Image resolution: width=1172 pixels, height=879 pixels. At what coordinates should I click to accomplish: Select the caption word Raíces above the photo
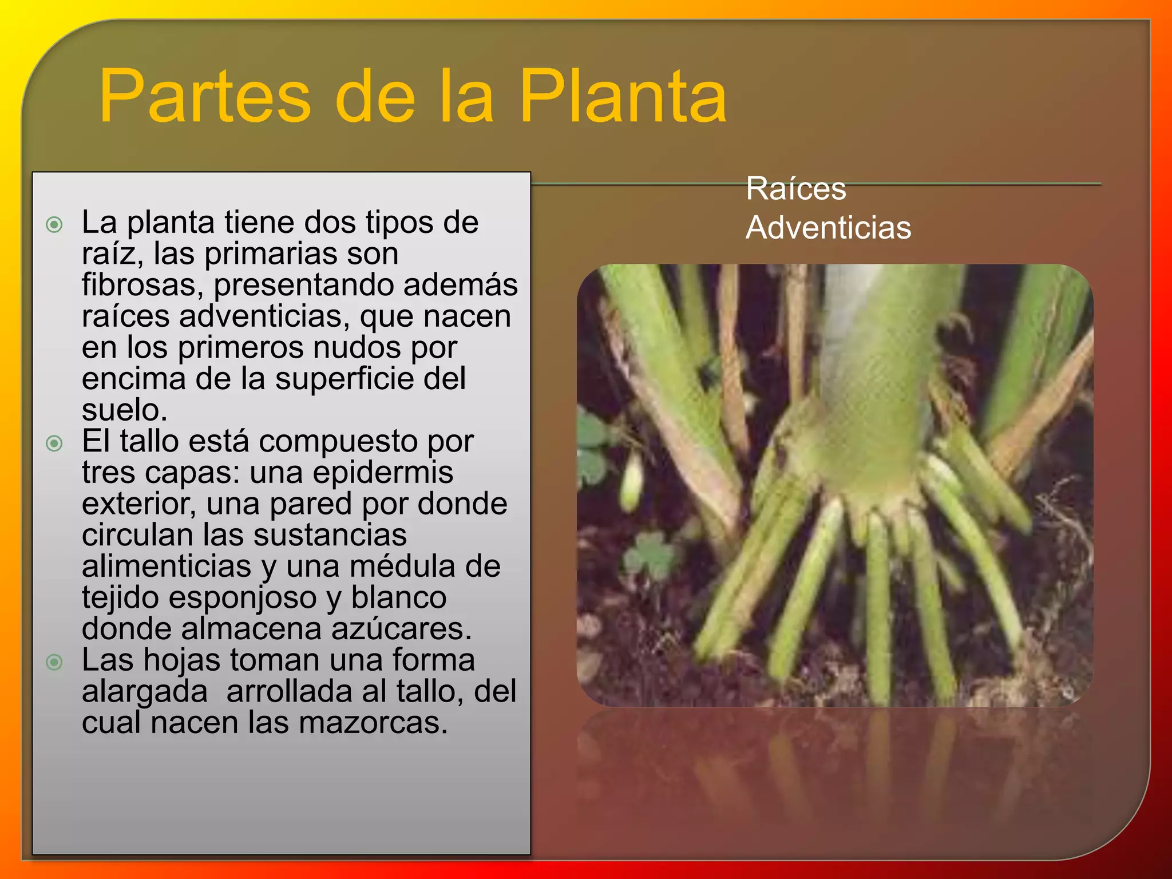795,188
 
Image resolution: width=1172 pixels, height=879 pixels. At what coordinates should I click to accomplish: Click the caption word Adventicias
828,227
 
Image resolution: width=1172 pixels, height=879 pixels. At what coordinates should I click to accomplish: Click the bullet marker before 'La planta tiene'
54,224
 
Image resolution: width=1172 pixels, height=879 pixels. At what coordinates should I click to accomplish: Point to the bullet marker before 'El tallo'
54,443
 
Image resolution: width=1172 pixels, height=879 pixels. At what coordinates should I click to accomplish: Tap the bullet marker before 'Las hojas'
54,662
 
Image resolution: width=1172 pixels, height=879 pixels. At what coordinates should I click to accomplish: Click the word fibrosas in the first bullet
142,284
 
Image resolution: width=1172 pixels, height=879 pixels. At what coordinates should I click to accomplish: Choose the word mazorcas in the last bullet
373,723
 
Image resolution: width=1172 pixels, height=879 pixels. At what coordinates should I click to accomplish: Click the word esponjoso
243,597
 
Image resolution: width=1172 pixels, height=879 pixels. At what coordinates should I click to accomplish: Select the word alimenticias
167,567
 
